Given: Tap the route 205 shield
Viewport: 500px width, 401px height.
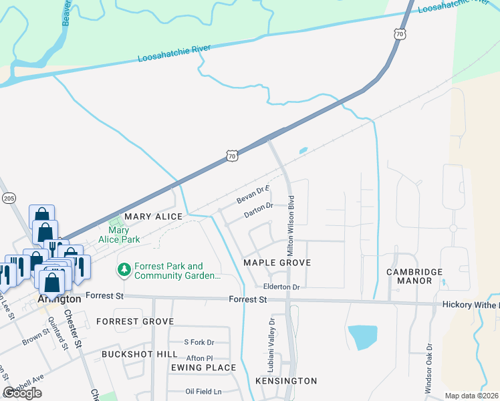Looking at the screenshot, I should (9, 198).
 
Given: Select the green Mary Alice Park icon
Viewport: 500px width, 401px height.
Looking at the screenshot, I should (114, 221).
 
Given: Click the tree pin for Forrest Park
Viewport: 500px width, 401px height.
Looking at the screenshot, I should (123, 270).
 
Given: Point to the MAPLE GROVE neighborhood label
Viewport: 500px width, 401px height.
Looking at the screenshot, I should (277, 263).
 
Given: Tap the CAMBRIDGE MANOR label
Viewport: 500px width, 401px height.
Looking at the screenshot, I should (414, 276).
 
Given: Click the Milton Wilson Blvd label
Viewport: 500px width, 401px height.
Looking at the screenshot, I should (291, 225).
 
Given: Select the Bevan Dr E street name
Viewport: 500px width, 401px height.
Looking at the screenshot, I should (252, 196).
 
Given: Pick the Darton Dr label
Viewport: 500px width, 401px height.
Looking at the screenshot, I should (259, 210).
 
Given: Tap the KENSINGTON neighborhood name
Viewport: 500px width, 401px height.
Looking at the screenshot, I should (286, 381).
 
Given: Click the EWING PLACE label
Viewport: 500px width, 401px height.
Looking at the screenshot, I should (203, 368).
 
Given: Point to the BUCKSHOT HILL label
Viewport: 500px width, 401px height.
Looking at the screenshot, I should (140, 354).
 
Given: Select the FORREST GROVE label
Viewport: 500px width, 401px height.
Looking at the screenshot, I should (135, 321).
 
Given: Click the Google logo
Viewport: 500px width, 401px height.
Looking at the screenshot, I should (22, 393).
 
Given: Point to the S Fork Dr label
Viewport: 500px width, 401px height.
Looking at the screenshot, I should (198, 342).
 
